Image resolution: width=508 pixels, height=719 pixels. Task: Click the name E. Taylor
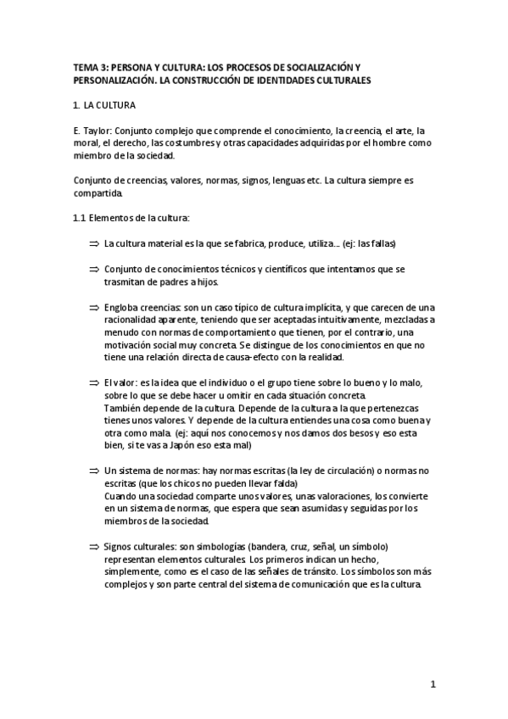[x=90, y=131]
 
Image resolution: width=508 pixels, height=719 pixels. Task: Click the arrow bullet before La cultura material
[x=94, y=243]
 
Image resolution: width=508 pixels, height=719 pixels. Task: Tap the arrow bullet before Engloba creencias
[x=94, y=307]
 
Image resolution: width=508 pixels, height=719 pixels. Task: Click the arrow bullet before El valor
[x=94, y=383]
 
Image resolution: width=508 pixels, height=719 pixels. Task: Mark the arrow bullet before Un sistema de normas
[x=94, y=471]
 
